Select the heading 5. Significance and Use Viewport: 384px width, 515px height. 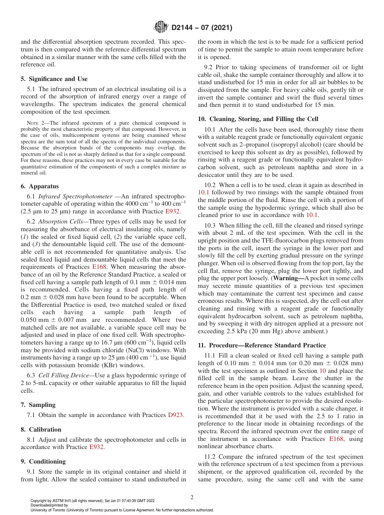(54, 79)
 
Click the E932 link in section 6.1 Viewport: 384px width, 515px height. (173, 211)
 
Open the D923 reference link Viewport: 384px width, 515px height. (175, 415)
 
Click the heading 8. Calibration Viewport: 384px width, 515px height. (41, 430)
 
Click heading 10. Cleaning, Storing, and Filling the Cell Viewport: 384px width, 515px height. (258, 119)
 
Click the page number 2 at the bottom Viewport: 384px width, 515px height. (192, 498)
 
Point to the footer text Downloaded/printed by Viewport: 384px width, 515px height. (49, 505)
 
